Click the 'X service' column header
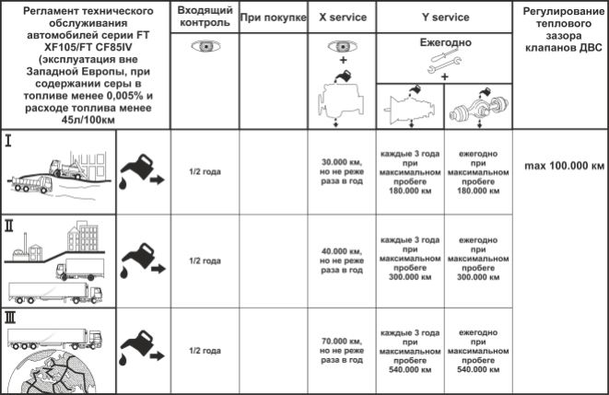coord(343,17)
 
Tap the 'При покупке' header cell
coord(274,17)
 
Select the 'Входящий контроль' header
coord(205,17)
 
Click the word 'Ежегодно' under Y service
coord(445,42)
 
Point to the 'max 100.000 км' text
coord(565,166)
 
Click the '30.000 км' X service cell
coord(342,171)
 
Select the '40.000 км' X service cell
coord(342,261)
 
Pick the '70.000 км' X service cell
coord(342,351)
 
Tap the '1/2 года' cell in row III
coord(205,351)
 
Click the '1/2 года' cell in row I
coord(205,171)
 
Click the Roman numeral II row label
coord(8,226)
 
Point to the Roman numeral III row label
coord(10,318)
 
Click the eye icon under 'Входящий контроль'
coord(205,47)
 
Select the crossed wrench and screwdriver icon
coord(445,64)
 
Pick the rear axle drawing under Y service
coord(478,109)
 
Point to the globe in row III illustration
coord(52,372)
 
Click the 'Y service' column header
coord(445,17)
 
